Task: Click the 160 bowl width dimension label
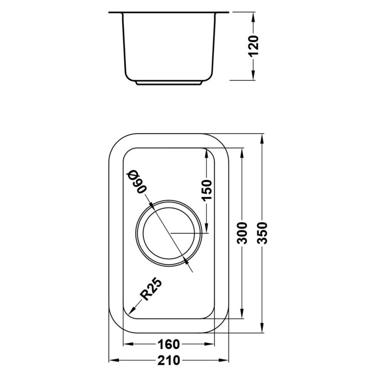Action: pos(168,344)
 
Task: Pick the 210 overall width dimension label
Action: pos(168,361)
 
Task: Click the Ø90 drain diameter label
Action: pos(135,181)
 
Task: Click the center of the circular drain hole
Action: pos(169,233)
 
